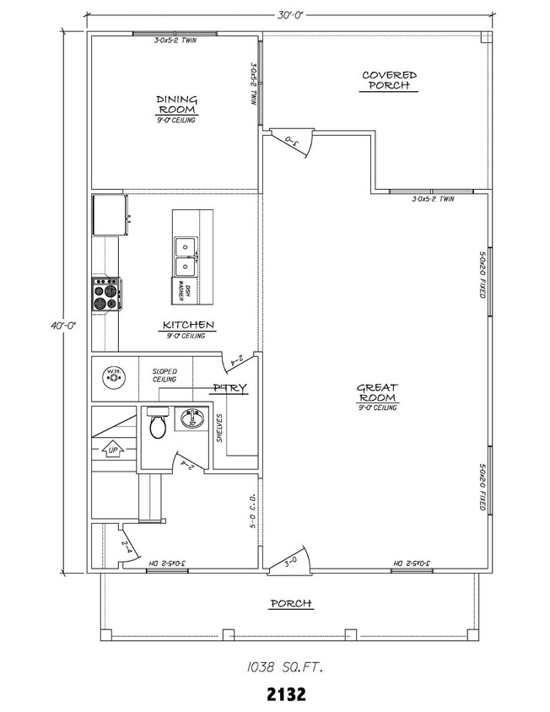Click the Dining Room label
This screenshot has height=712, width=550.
tap(176, 105)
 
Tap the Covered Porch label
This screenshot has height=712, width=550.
tap(389, 80)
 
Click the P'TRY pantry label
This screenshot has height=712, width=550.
tap(229, 389)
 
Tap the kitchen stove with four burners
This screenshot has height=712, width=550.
tap(105, 295)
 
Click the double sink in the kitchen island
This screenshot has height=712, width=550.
tap(185, 256)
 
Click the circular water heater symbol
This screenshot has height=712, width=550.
tap(112, 375)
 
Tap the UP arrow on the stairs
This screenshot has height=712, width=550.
tap(112, 450)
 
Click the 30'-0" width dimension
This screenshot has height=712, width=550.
tap(288, 14)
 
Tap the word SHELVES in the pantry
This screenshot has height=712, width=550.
tap(219, 428)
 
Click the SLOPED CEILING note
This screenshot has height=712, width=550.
tap(164, 375)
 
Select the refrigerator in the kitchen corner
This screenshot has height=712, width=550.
tap(110, 216)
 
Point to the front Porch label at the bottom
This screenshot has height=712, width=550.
tap(291, 603)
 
